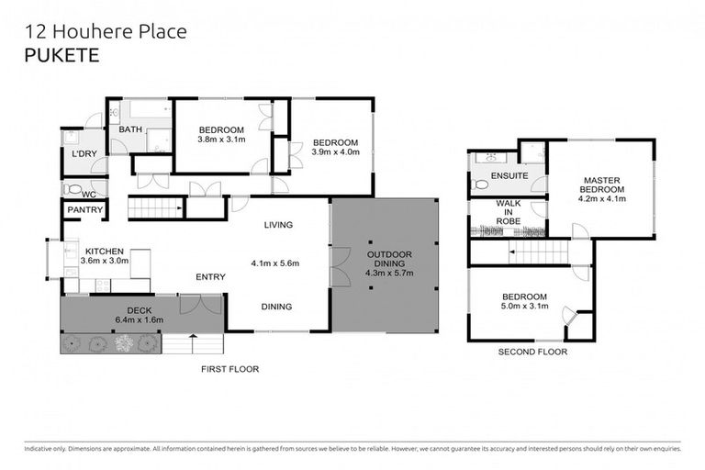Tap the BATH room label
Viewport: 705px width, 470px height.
click(130, 129)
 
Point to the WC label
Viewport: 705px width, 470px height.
click(88, 195)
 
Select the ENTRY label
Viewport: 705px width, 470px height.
click(211, 276)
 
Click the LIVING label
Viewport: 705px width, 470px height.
click(277, 225)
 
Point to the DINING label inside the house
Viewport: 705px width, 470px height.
click(276, 307)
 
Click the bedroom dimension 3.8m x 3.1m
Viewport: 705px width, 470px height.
click(221, 140)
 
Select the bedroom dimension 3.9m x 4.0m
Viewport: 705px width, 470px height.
click(335, 152)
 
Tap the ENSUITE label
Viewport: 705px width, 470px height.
click(509, 174)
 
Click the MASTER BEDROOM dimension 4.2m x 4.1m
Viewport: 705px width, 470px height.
click(601, 197)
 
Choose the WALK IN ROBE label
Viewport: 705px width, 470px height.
click(509, 212)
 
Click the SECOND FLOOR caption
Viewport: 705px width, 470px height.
click(532, 352)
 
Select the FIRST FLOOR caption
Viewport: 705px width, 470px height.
click(229, 368)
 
